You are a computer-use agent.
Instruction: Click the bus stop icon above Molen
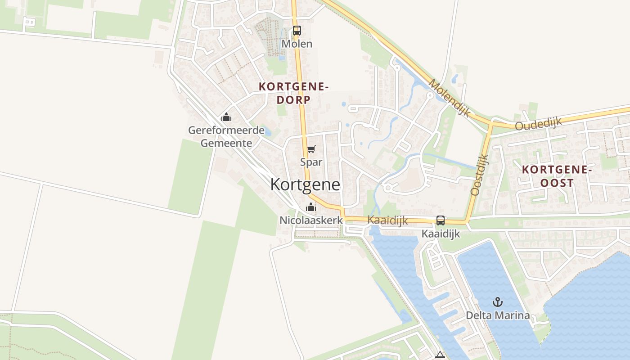(x=297, y=31)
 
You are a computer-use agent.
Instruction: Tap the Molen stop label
(x=297, y=44)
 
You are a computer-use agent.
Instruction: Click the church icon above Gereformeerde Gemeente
(x=226, y=117)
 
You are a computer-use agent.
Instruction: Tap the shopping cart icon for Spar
(x=311, y=149)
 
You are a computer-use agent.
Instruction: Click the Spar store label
(x=311, y=162)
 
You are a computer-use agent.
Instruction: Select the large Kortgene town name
(x=305, y=184)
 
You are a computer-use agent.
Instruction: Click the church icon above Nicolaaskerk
(x=310, y=207)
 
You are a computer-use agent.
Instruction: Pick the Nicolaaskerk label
(x=311, y=220)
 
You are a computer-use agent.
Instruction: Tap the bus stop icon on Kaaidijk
(x=441, y=220)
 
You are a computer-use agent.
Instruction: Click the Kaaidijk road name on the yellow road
(x=387, y=220)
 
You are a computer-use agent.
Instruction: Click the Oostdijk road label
(x=479, y=175)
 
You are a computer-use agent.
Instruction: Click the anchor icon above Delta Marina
(x=498, y=302)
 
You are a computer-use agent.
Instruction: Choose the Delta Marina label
(x=498, y=315)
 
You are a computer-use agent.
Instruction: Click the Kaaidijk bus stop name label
(x=441, y=234)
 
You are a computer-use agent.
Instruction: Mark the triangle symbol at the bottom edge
(x=440, y=355)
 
